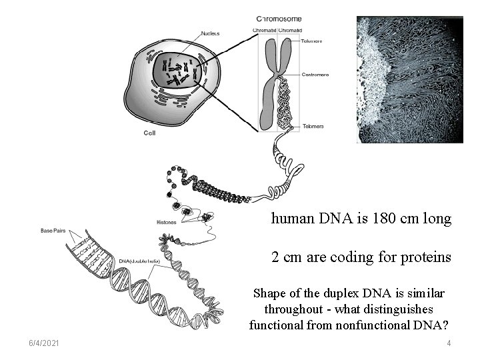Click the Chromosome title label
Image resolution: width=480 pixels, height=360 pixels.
point(279,18)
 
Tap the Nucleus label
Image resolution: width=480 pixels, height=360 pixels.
point(212,33)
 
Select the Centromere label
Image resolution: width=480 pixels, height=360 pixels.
point(315,75)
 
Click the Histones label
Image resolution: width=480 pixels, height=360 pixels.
point(167,222)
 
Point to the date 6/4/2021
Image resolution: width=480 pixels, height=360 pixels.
point(45,343)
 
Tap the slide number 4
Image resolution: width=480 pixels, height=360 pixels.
point(449,343)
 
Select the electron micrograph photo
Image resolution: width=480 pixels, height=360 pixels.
point(409,79)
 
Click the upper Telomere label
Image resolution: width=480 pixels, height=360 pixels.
point(311,41)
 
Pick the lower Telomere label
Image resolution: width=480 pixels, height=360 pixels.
point(313,126)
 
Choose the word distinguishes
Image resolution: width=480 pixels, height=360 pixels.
point(400,309)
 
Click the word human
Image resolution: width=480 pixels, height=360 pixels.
point(290,219)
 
